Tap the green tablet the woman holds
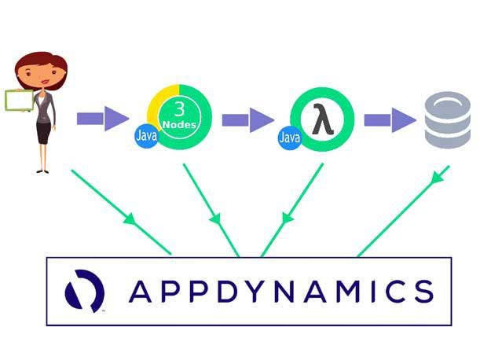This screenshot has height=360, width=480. click(19, 100)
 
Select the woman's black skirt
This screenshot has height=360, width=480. click(43, 131)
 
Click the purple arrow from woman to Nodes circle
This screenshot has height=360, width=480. click(102, 119)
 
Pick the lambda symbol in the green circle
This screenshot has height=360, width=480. click(321, 120)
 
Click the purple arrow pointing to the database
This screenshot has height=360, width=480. click(390, 119)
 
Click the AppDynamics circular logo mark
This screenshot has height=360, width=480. click(84, 290)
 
